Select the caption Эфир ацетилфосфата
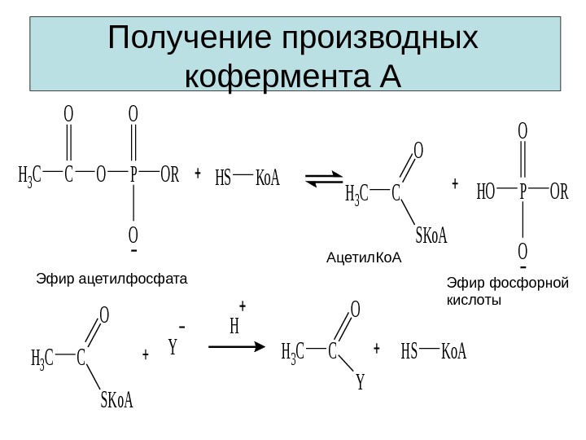coord(112,279)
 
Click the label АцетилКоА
coord(365,258)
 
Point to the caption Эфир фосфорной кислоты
coord(507,292)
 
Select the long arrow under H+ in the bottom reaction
coord(237,346)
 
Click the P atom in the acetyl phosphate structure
coord(133,174)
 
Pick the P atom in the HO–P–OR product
coord(523,192)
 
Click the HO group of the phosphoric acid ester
coord(486,192)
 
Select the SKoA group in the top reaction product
coord(431,236)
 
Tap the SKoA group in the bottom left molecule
coord(116,400)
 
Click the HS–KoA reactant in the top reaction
coord(247,177)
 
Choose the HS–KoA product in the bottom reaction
coord(433,352)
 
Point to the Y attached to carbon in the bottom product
coord(360,382)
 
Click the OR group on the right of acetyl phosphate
coord(169,174)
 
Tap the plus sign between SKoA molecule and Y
coord(145,355)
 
